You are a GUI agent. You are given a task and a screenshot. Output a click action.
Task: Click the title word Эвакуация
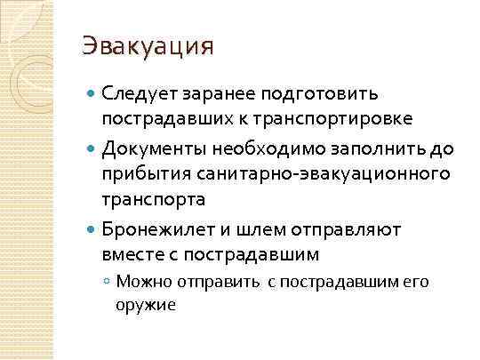click(x=148, y=45)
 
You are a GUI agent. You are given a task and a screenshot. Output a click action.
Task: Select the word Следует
click(x=137, y=92)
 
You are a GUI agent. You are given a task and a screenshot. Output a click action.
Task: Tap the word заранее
click(x=216, y=92)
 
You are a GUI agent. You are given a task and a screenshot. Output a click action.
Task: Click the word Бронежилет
click(x=157, y=230)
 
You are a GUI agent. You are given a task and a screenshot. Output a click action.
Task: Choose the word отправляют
click(x=348, y=230)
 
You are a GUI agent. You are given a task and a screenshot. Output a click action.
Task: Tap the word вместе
click(x=132, y=255)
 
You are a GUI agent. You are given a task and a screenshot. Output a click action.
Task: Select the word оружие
click(x=146, y=305)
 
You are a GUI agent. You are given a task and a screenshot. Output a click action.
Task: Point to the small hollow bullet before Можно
click(x=107, y=282)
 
